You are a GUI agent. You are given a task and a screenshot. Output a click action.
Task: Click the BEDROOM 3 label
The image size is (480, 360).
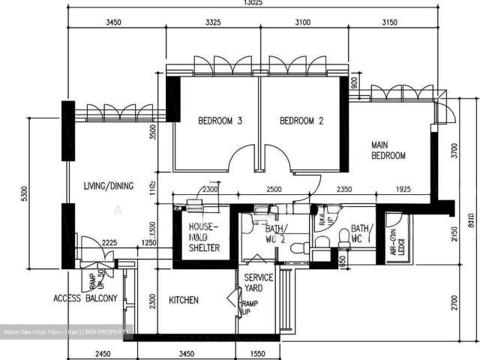tap(220, 121)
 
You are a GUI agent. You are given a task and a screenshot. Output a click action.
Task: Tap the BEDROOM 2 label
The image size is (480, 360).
tap(301, 121)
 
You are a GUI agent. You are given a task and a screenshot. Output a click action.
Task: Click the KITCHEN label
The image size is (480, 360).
tap(184, 300)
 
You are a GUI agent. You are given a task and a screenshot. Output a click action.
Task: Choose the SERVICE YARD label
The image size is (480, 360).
tap(259, 282)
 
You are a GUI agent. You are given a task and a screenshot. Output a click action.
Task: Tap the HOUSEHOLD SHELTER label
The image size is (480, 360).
tap(203, 238)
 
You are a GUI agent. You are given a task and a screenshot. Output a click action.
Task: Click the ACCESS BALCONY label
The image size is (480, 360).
tap(85, 298)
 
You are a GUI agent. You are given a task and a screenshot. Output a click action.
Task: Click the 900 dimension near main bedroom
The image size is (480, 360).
tap(354, 83)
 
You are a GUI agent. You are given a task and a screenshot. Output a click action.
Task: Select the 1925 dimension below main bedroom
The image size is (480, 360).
tap(406, 191)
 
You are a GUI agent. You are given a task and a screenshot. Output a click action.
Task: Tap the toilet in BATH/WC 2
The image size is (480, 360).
tap(299, 248)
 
